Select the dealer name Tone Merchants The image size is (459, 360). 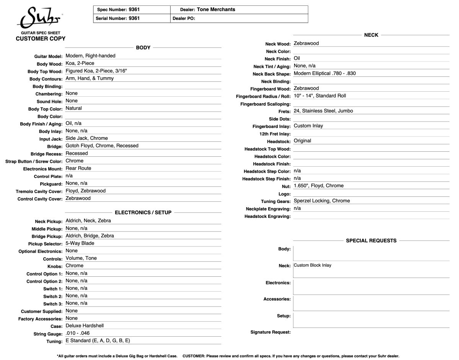(216, 10)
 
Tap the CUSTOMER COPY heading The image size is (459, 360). (41, 39)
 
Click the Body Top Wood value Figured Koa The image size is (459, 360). (96, 71)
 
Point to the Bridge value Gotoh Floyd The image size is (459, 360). (102, 146)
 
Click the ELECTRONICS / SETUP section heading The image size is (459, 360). (143, 212)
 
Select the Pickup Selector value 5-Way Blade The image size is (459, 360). (80, 243)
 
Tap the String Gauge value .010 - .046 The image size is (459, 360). (78, 333)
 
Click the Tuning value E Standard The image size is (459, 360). (98, 341)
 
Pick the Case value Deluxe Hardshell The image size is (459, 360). (85, 326)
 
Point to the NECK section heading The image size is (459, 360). (371, 35)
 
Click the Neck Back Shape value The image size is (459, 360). (324, 73)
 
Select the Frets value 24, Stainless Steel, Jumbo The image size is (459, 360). (323, 111)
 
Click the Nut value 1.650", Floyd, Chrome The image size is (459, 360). (319, 186)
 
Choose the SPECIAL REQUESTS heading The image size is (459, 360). (371, 241)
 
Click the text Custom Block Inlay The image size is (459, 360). (313, 266)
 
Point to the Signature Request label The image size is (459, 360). (270, 332)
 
